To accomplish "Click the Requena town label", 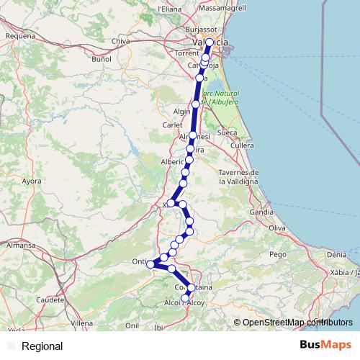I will [19, 35].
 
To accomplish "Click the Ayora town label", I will [32, 181].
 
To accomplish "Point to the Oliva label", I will [277, 228].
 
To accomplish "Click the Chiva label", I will [140, 42].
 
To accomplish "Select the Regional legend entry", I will [42, 346].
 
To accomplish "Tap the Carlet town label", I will [173, 125].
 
